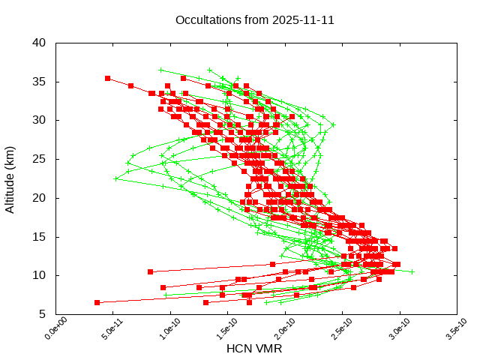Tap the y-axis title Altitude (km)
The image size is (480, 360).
[x=10, y=178]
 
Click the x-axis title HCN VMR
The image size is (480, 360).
[x=254, y=349]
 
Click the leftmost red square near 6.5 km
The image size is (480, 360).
[x=97, y=302]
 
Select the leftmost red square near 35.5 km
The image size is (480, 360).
[x=108, y=78]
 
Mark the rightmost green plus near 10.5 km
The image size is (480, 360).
[x=412, y=271]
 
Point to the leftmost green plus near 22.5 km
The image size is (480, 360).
[x=115, y=178]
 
